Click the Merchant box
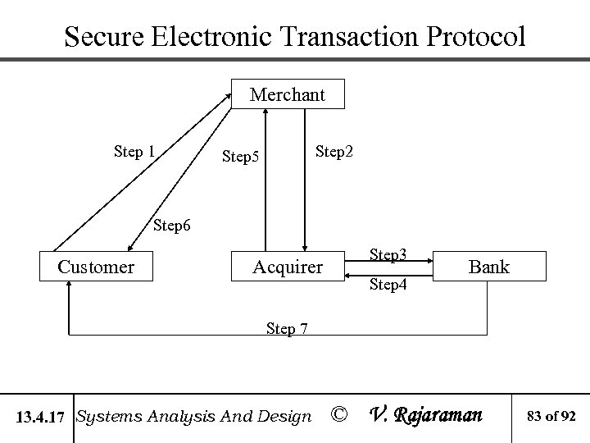(288, 94)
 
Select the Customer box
(97, 267)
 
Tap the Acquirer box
(288, 267)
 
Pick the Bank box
(489, 267)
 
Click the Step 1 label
(134, 151)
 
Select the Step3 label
(389, 254)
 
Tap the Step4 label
(389, 285)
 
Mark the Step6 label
(174, 225)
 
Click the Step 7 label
(287, 328)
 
